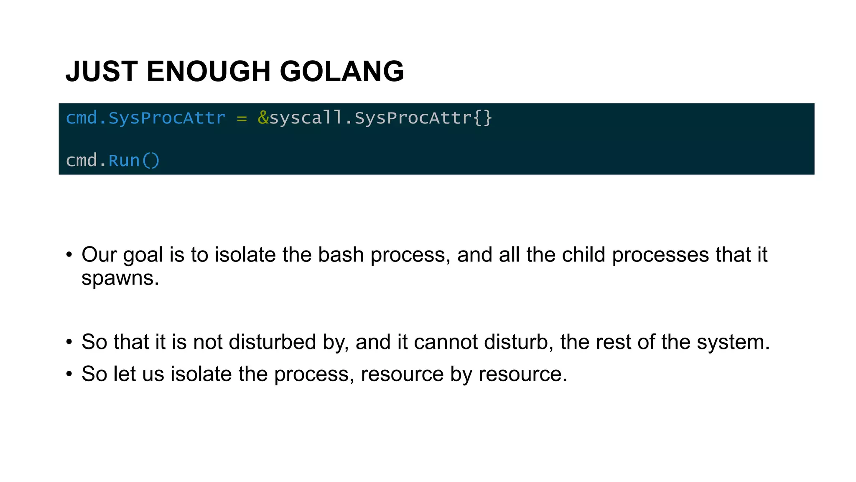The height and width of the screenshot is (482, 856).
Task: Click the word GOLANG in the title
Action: [341, 71]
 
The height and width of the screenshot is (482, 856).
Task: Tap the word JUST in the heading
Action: [102, 71]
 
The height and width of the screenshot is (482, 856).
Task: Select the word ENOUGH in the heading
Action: [209, 71]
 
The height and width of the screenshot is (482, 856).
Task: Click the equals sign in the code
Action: [242, 118]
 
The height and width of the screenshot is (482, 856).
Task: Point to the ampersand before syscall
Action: [263, 118]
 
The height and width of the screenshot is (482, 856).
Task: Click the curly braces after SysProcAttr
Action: [483, 118]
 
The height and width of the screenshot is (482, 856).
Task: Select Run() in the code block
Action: [134, 161]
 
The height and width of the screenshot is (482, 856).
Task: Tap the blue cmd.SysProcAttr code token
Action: [145, 118]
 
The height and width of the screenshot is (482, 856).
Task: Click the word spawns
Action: [120, 278]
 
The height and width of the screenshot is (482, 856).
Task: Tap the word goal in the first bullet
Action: [143, 256]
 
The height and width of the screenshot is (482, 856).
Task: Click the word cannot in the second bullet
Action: [446, 342]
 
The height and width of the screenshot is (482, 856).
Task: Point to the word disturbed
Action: [272, 342]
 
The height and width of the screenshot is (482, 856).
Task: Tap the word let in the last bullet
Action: [124, 374]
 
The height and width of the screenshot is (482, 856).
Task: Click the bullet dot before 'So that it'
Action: [69, 342]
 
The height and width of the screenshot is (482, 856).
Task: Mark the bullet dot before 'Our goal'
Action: [69, 255]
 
